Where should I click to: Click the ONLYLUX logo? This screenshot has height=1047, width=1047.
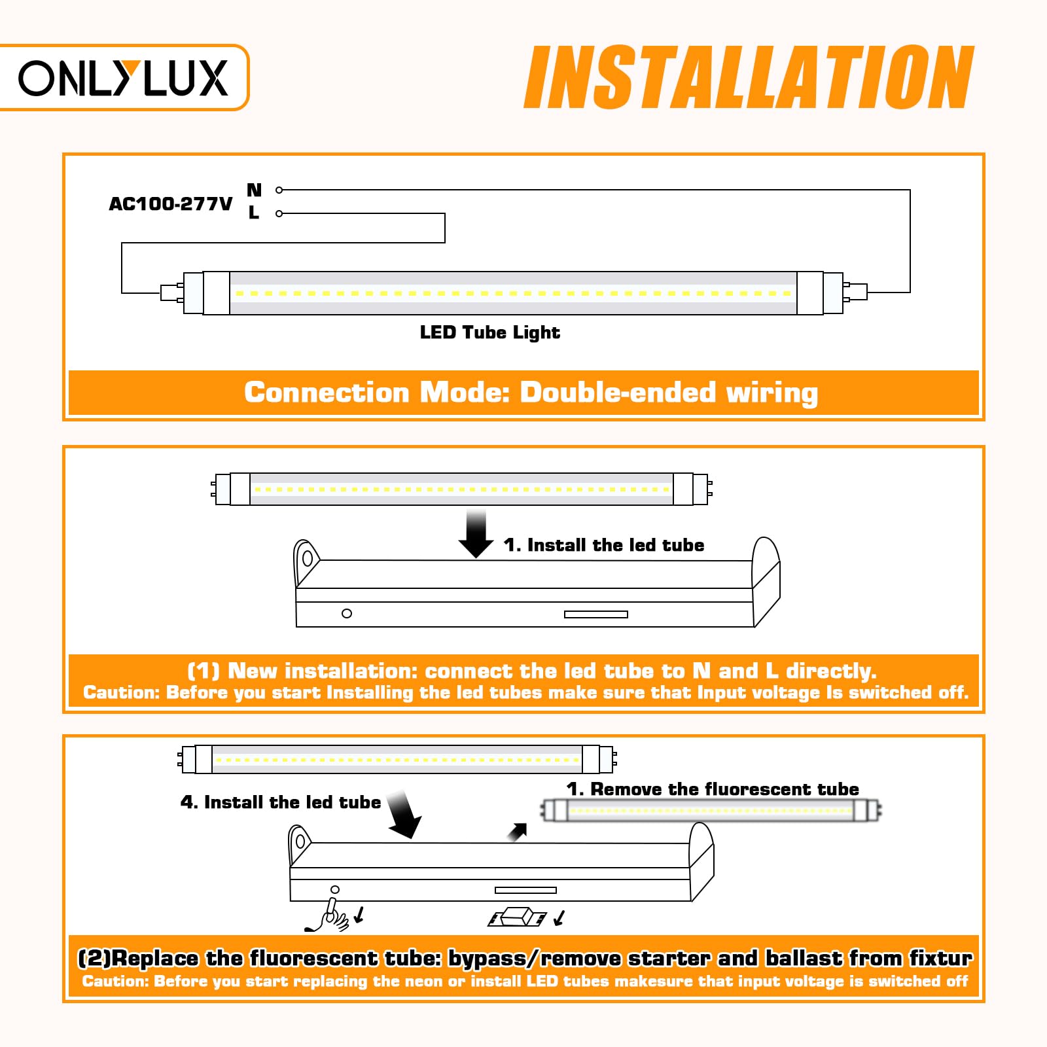[x=122, y=78]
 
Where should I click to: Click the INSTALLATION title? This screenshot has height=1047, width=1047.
[x=749, y=78]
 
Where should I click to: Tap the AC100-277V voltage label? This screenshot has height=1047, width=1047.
[x=170, y=204]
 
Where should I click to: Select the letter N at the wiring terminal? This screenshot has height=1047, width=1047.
[x=254, y=190]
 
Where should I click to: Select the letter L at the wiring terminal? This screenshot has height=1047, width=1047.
[x=254, y=213]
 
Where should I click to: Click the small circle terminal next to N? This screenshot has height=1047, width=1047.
[x=279, y=190]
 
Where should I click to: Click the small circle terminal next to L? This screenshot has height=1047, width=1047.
[x=279, y=213]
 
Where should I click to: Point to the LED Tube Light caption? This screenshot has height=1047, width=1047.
[x=489, y=332]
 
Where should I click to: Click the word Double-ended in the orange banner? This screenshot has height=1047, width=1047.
[x=618, y=393]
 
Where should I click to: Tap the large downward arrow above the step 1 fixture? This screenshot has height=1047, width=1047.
[x=476, y=534]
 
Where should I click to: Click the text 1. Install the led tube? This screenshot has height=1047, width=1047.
[x=603, y=545]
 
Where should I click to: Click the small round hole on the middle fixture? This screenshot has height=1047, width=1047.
[x=347, y=613]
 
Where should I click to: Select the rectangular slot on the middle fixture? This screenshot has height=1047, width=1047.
[x=595, y=614]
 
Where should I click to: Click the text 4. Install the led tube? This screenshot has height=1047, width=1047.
[x=280, y=802]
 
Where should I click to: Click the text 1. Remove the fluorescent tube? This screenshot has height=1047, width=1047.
[x=712, y=789]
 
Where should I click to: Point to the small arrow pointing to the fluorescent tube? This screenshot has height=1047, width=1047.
[x=518, y=832]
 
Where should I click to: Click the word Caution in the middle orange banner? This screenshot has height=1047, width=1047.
[x=120, y=692]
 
